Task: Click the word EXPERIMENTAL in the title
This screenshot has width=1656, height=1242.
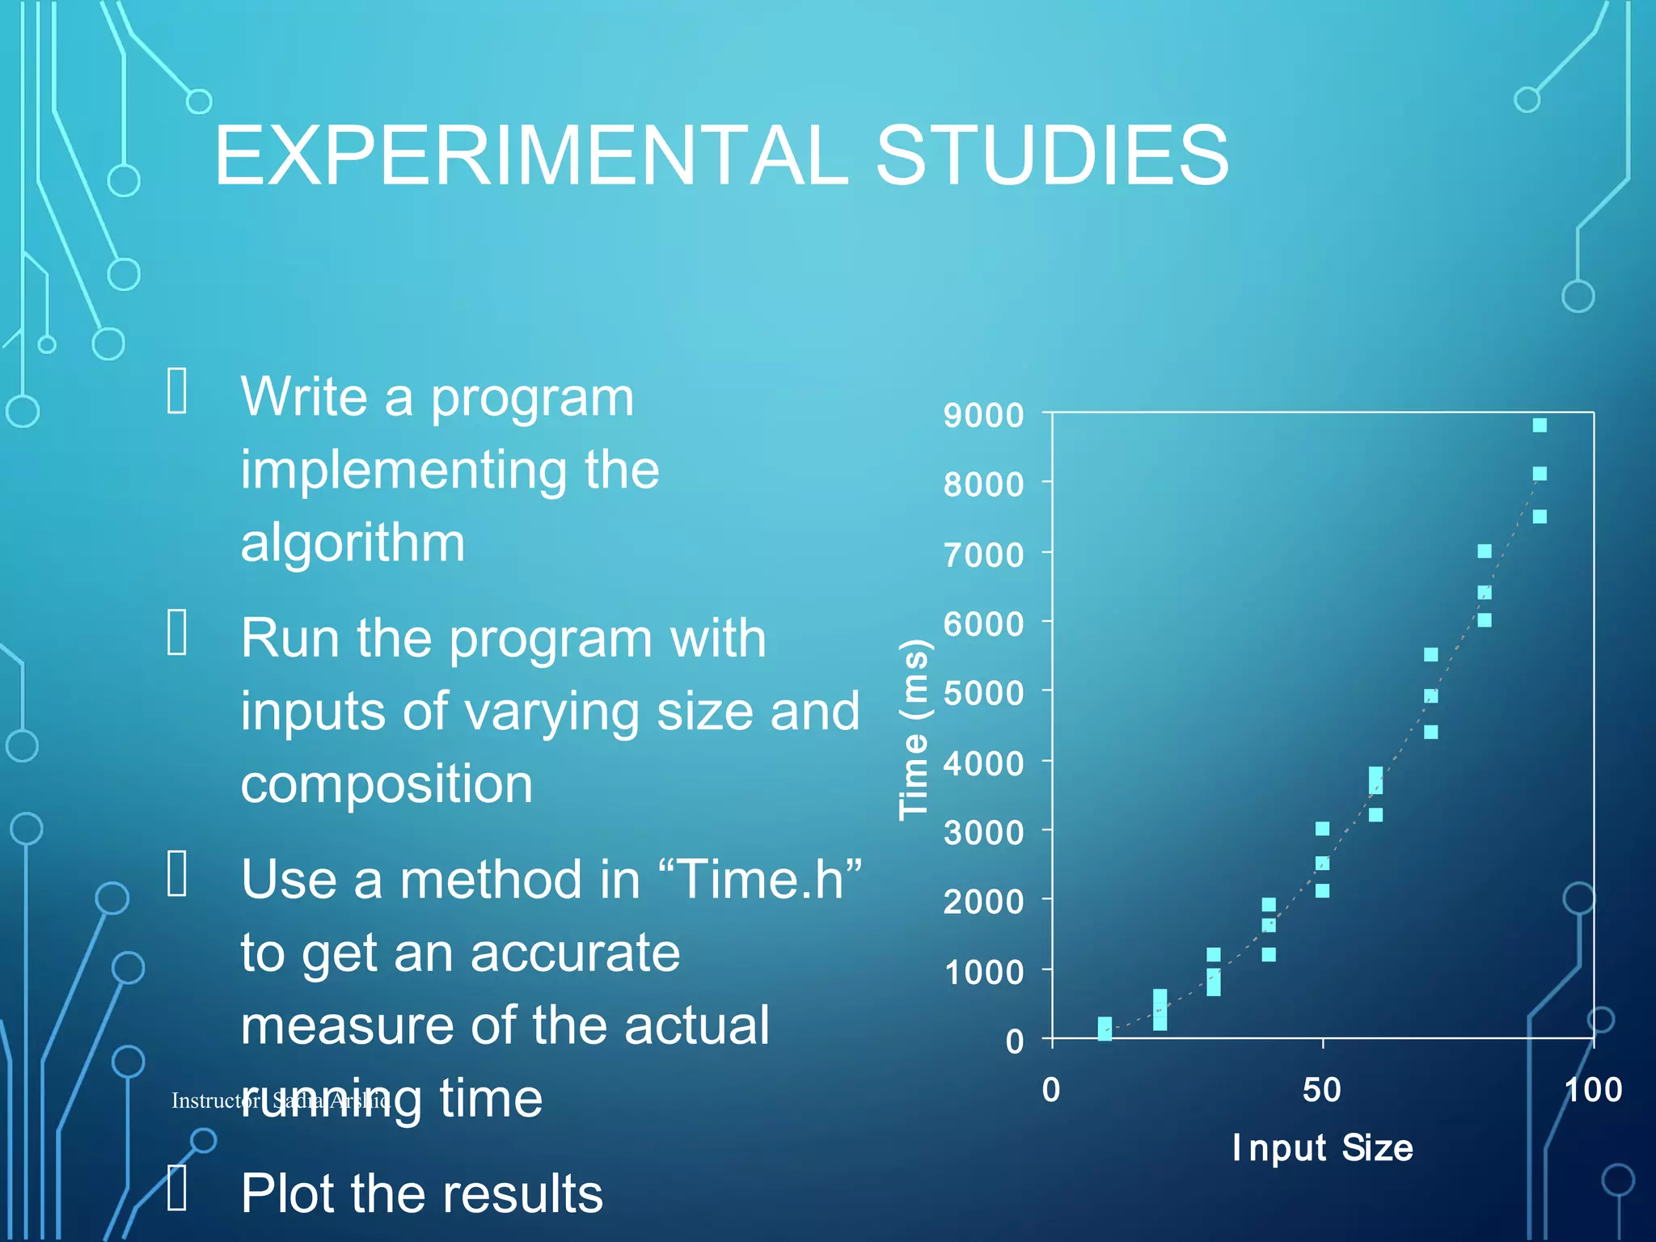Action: pyautogui.click(x=530, y=155)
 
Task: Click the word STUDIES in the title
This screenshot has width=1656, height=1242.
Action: pyautogui.click(x=1052, y=155)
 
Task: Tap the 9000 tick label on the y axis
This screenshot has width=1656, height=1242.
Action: pyautogui.click(x=983, y=416)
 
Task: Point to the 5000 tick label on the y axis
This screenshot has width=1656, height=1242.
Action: pyautogui.click(x=983, y=694)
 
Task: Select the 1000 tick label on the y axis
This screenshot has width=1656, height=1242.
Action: pyautogui.click(x=984, y=972)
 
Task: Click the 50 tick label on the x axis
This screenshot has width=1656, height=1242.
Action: pyautogui.click(x=1322, y=1090)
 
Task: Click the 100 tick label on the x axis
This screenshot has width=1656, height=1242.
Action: pyautogui.click(x=1593, y=1090)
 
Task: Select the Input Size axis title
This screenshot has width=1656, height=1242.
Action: pyautogui.click(x=1322, y=1148)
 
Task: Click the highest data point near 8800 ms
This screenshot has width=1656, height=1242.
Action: pyautogui.click(x=1540, y=425)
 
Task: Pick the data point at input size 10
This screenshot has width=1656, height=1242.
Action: pyautogui.click(x=1105, y=1029)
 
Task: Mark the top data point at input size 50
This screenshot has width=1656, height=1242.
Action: pyautogui.click(x=1322, y=829)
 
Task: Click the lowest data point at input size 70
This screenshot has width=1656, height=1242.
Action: pyautogui.click(x=1430, y=732)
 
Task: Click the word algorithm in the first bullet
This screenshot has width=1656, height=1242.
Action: pyautogui.click(x=353, y=543)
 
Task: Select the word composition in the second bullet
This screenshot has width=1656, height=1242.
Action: pyautogui.click(x=387, y=784)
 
